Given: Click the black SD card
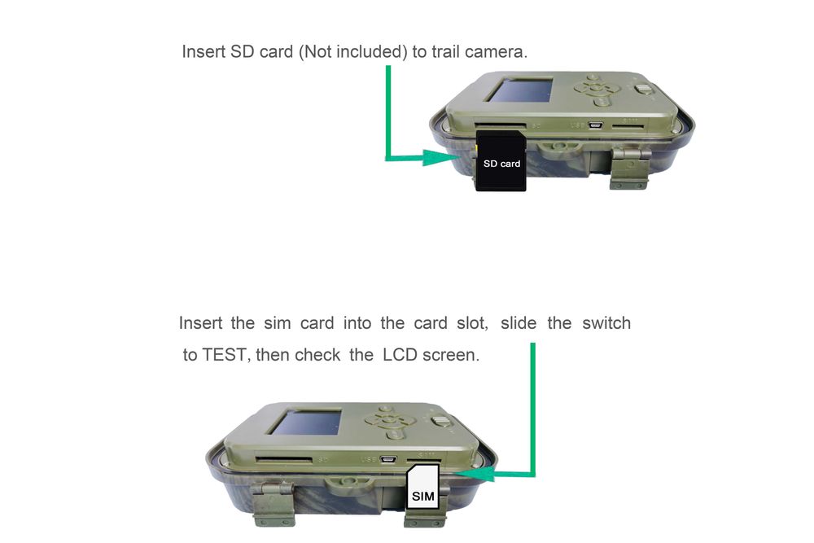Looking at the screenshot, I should click(501, 163).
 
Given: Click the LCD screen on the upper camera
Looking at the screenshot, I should click(519, 90).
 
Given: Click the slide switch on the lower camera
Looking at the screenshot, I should click(440, 422).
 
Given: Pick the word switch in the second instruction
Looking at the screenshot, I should click(606, 323).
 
